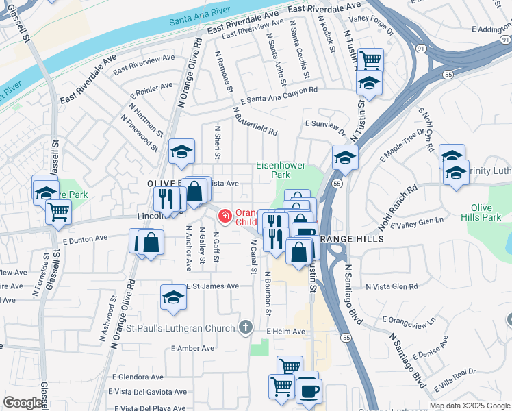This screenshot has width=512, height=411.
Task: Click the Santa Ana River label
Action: pyautogui.click(x=199, y=23)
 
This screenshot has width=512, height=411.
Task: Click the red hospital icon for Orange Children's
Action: pyautogui.click(x=224, y=216)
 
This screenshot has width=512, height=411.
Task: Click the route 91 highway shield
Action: pyautogui.click(x=420, y=48)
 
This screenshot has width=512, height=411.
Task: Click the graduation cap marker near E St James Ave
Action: pyautogui.click(x=173, y=297)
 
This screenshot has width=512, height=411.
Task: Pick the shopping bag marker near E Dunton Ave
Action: pyautogui.click(x=151, y=242)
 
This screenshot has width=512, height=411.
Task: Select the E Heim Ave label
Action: pyautogui.click(x=285, y=332)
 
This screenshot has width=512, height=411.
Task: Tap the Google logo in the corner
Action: pyautogui.click(x=23, y=403)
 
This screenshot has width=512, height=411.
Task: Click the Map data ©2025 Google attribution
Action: pyautogui.click(x=470, y=406)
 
